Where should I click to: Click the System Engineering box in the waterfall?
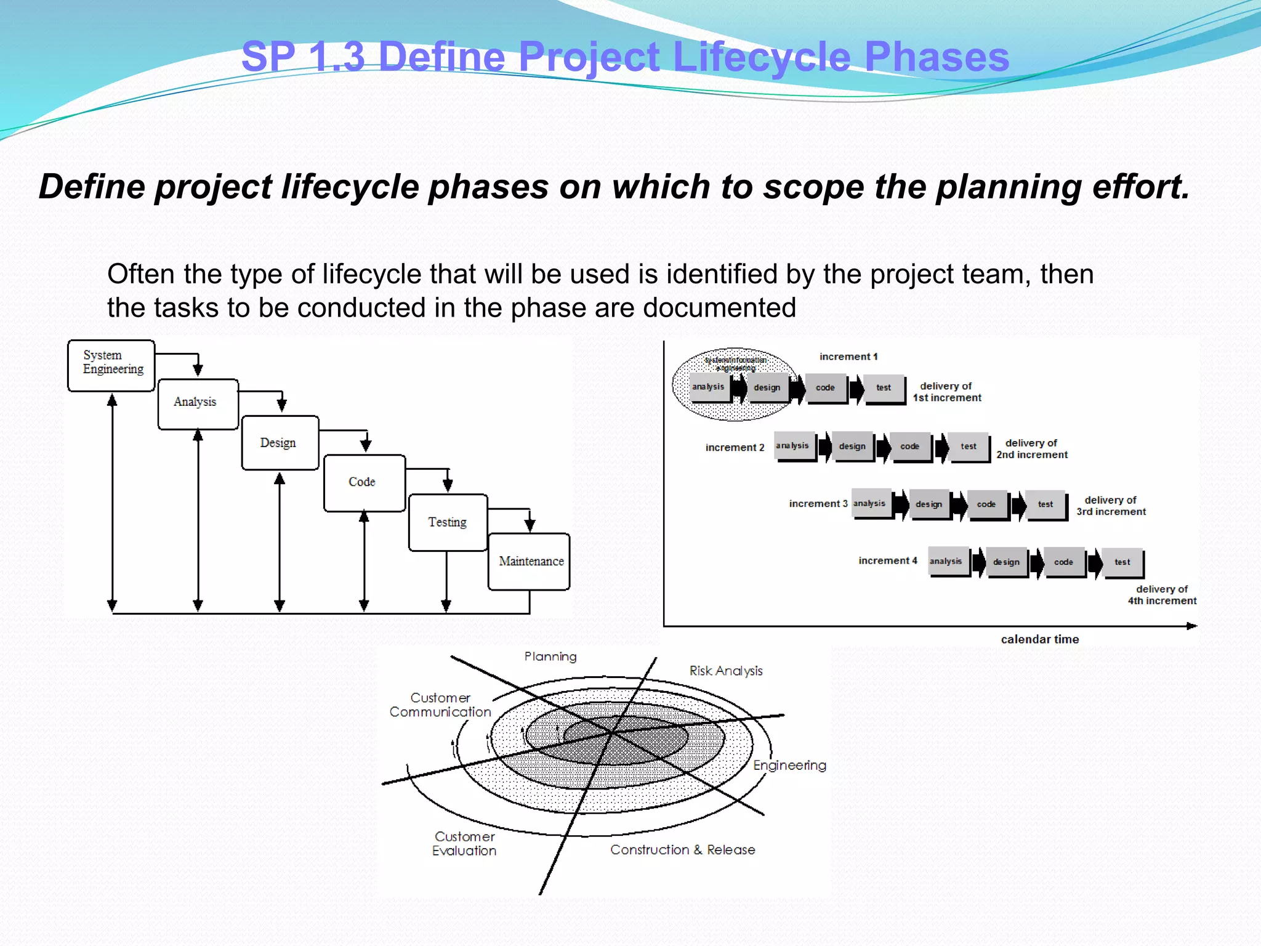coord(111,365)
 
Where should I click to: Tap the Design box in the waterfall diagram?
coord(280,443)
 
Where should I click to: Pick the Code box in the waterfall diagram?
coord(364,483)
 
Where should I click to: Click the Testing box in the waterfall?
coord(448,522)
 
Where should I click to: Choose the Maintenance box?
coord(529,562)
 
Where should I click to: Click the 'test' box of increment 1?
coord(884,388)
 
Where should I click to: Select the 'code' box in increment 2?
coord(909,447)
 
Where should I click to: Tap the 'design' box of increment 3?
coord(929,504)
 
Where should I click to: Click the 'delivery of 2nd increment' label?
coord(1032,449)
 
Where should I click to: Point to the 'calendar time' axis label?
coord(1039,639)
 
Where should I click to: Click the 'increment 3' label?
coord(818,504)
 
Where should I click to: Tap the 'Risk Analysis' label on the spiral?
coord(725,671)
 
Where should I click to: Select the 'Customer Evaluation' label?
coord(464,844)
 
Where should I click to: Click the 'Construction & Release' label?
coord(682,850)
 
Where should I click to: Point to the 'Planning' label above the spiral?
coord(550,657)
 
